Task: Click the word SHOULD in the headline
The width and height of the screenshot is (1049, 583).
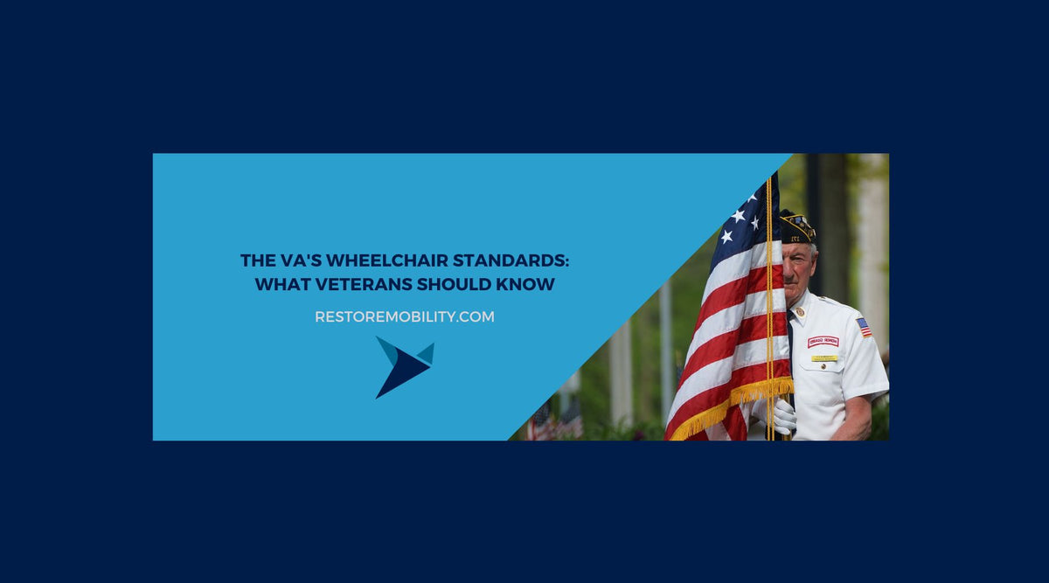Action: coord(454,285)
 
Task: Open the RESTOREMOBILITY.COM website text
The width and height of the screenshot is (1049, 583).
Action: coord(405,317)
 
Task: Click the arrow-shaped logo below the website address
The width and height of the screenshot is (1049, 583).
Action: coord(403,365)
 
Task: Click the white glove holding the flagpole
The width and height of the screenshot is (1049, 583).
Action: coord(784,417)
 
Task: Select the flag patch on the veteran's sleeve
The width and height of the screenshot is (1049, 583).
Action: coord(864,327)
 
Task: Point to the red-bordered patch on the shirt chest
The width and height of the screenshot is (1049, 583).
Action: coord(823,342)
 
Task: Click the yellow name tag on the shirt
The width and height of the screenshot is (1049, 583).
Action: coord(823,358)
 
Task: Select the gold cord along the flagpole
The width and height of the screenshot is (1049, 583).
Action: coord(769,306)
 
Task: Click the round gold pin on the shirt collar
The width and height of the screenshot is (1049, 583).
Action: coord(800,312)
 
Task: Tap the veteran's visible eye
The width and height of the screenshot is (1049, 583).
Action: coord(797,259)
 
